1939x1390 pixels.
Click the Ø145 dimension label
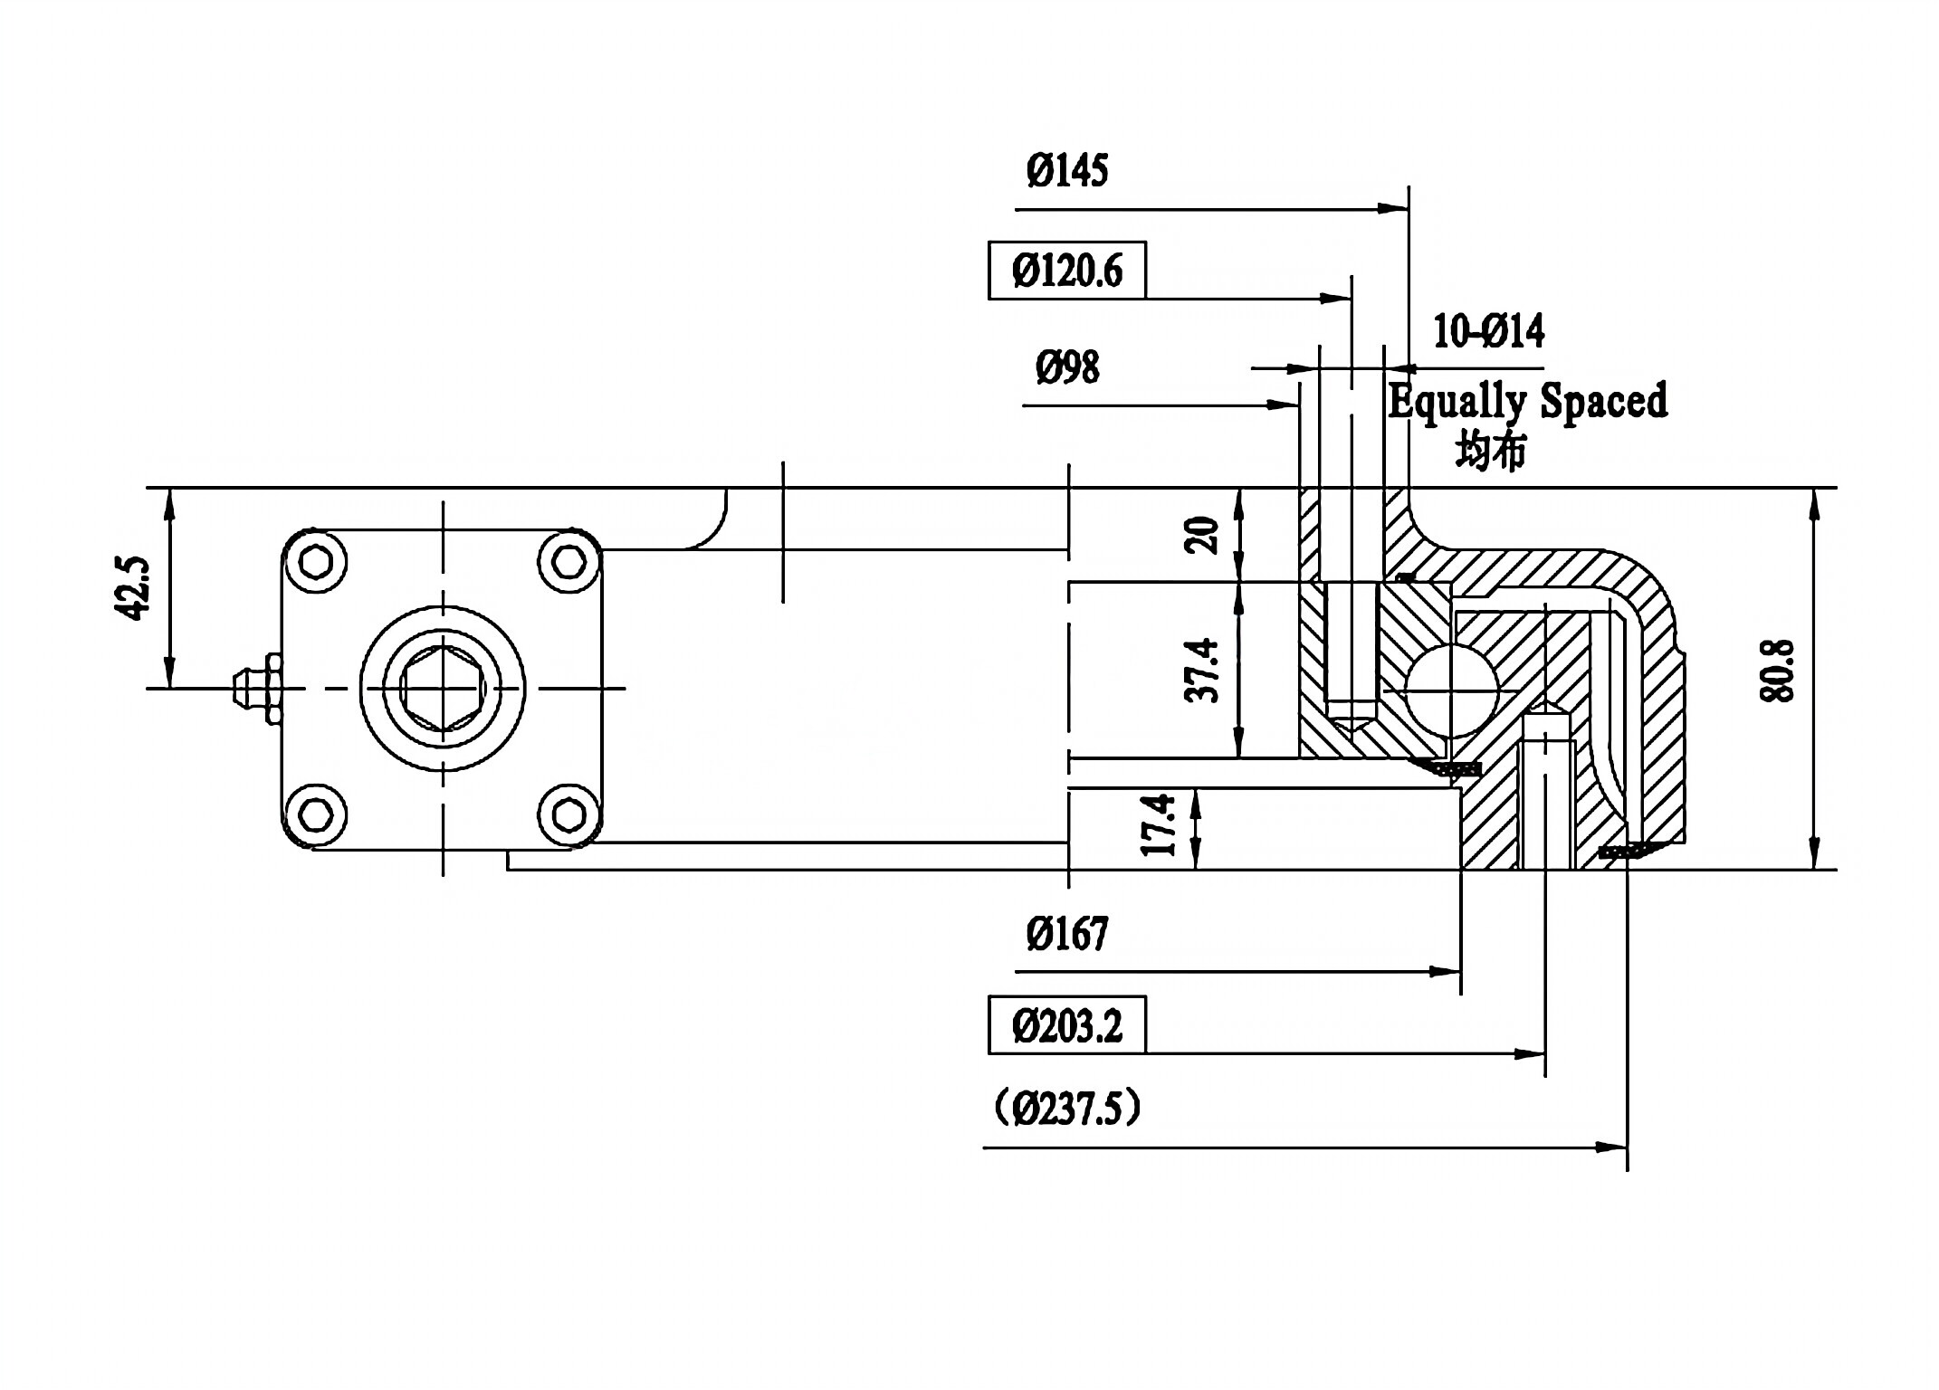(1066, 171)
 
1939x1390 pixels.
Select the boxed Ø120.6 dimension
(1066, 271)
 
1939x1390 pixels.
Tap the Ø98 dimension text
(1066, 368)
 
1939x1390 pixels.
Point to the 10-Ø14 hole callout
(1488, 332)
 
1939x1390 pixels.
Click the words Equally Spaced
(1527, 401)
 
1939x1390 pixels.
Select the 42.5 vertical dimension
(133, 588)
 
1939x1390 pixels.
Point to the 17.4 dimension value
(1158, 825)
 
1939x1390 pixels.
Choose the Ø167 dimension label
(1066, 934)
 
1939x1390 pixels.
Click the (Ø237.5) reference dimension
(1066, 1109)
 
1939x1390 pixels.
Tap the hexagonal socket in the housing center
(442, 688)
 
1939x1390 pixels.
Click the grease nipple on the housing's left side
(255, 689)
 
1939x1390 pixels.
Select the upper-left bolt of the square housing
(315, 562)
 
